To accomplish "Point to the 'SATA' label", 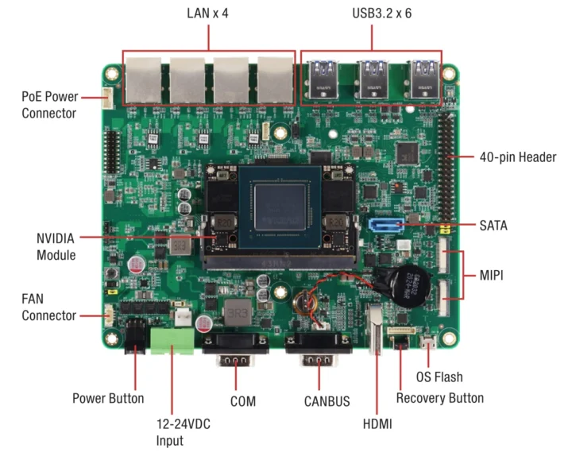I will (493, 226).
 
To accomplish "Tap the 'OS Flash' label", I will (439, 377).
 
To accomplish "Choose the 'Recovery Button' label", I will (439, 397).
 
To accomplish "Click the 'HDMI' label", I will (377, 425).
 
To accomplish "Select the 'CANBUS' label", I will (319, 401).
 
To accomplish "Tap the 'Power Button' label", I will (108, 398).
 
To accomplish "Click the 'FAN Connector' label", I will (48, 307).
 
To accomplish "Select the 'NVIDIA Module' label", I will (56, 246).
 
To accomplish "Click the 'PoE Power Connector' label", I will (48, 105).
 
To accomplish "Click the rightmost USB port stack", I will (423, 77).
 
